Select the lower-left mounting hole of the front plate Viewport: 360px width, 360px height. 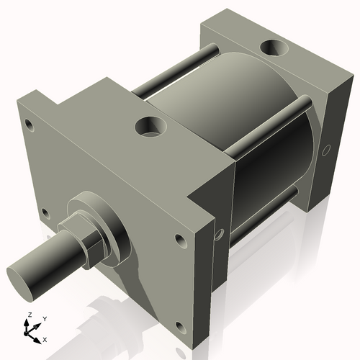tap(45, 213)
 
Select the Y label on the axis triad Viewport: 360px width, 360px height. tap(44, 318)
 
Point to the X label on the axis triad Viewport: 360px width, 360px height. tap(45, 338)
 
